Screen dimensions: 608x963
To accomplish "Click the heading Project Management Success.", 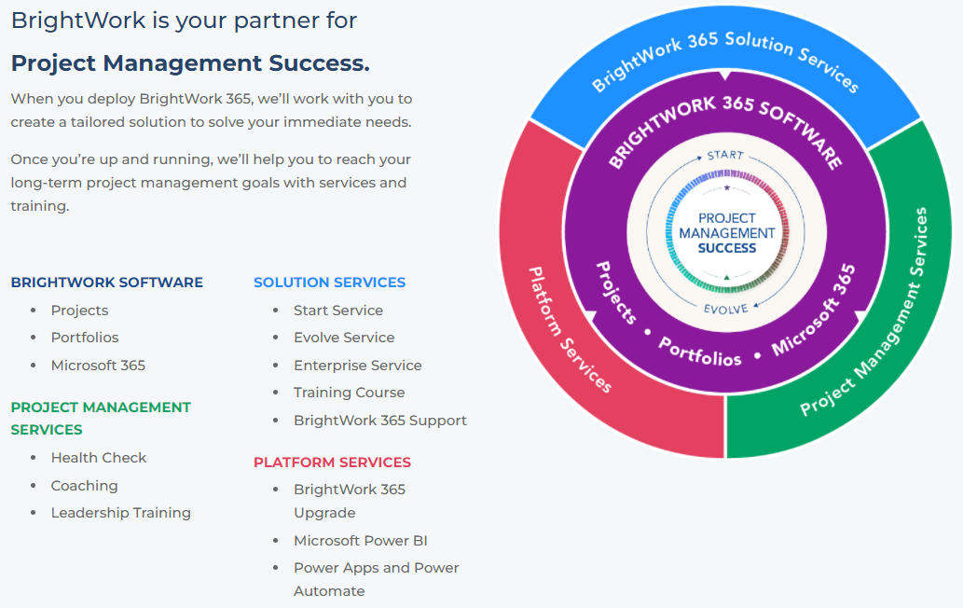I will click(190, 63).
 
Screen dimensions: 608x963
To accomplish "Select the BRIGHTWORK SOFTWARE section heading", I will click(106, 283).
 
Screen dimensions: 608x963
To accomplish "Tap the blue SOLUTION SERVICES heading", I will click(329, 283).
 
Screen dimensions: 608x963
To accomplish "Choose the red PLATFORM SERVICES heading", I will click(332, 463).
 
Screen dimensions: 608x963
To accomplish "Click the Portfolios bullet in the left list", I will click(85, 338).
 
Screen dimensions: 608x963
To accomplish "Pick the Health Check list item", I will click(99, 458).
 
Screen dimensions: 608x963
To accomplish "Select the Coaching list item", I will click(84, 486).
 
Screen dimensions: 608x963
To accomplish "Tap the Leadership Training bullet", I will click(120, 513).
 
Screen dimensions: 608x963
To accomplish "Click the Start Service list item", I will click(337, 311).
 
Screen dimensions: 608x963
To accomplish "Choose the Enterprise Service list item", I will click(357, 366).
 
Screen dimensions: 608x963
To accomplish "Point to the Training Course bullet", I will click(349, 393).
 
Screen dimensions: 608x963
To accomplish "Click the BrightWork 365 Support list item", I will click(379, 421).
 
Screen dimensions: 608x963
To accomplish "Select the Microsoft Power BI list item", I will click(360, 541).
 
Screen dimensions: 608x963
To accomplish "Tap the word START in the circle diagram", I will click(725, 155).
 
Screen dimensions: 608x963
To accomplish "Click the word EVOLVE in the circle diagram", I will click(726, 309).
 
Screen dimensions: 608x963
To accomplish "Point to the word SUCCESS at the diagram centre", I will click(727, 248).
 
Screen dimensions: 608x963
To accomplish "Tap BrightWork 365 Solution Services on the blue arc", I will click(725, 56).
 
